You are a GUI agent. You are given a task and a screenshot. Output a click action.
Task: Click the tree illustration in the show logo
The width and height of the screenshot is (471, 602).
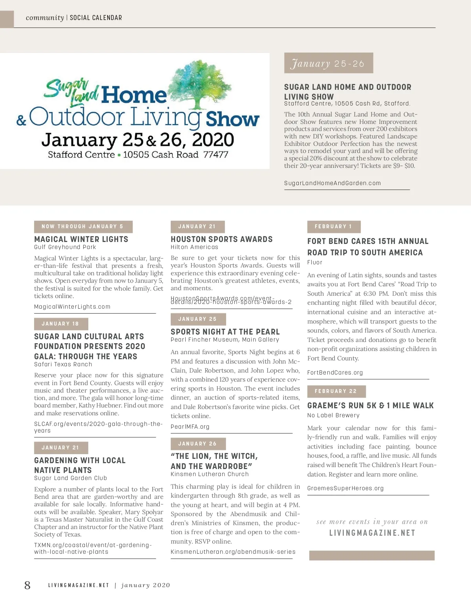pyautogui.click(x=200, y=84)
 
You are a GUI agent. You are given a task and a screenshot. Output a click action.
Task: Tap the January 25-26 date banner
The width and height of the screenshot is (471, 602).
pyautogui.click(x=328, y=63)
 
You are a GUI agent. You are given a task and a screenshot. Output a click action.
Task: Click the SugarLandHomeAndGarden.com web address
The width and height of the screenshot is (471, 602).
pyautogui.click(x=332, y=183)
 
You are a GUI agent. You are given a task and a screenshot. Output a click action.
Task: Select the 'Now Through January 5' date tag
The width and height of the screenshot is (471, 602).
pyautogui.click(x=83, y=227)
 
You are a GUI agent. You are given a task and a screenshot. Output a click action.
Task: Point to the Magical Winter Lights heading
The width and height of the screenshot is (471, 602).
pyautogui.click(x=81, y=239)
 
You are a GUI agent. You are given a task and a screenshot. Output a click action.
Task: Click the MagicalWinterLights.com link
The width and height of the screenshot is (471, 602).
pyautogui.click(x=72, y=307)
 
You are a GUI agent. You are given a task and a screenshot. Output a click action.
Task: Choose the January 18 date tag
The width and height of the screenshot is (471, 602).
pyautogui.click(x=61, y=324)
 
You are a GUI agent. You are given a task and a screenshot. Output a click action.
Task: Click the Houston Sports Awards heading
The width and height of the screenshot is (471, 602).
pyautogui.click(x=221, y=239)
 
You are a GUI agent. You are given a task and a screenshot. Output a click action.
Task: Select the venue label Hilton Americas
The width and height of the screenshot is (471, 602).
pyautogui.click(x=194, y=247)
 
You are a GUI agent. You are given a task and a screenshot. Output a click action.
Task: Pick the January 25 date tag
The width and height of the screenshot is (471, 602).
pyautogui.click(x=198, y=319)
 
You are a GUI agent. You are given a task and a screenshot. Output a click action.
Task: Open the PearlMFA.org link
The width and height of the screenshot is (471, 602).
pyautogui.click(x=190, y=427)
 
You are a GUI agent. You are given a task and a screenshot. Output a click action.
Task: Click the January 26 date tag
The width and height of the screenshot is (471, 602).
pyautogui.click(x=198, y=444)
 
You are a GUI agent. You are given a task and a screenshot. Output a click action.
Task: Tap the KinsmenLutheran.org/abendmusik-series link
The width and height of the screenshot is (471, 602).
pyautogui.click(x=233, y=552)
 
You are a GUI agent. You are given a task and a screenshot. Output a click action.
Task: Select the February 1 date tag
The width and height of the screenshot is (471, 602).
pyautogui.click(x=334, y=227)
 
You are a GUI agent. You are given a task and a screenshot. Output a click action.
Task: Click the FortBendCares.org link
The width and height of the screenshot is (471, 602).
pyautogui.click(x=335, y=373)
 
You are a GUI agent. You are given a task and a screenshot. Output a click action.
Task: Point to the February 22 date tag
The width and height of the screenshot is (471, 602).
pyautogui.click(x=336, y=391)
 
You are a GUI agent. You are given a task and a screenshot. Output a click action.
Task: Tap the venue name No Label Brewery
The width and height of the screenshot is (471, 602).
pyautogui.click(x=333, y=415)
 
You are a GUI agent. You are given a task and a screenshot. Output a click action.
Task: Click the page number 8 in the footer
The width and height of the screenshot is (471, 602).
pyautogui.click(x=27, y=585)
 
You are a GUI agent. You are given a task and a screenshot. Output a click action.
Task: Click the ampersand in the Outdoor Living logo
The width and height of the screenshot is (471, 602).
pyautogui.click(x=21, y=120)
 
